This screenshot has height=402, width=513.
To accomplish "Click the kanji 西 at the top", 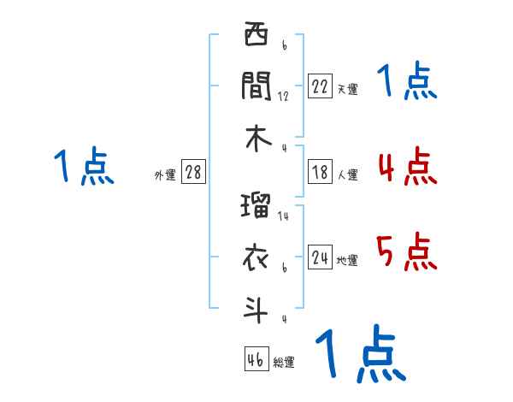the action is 256,36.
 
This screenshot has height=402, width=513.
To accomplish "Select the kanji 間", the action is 256,86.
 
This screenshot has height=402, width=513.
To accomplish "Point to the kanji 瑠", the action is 256,207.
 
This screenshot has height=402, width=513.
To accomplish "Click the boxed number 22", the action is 320,86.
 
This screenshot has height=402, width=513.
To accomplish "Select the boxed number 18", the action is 320,172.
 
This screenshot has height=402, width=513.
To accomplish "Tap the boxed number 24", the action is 320,257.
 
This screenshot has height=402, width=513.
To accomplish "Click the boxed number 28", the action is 193,172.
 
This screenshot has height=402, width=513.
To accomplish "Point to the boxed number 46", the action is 255,359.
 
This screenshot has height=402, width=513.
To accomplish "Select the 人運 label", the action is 347,174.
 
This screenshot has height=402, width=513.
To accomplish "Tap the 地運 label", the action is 347,260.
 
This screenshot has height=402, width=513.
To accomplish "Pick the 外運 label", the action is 164,174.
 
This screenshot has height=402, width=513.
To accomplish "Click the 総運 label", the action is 284,362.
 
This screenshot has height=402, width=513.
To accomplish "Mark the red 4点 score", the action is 407,166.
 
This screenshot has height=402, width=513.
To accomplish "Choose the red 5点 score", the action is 407,251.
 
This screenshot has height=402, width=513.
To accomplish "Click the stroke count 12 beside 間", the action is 283,97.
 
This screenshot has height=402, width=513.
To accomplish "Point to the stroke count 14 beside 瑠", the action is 283,217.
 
